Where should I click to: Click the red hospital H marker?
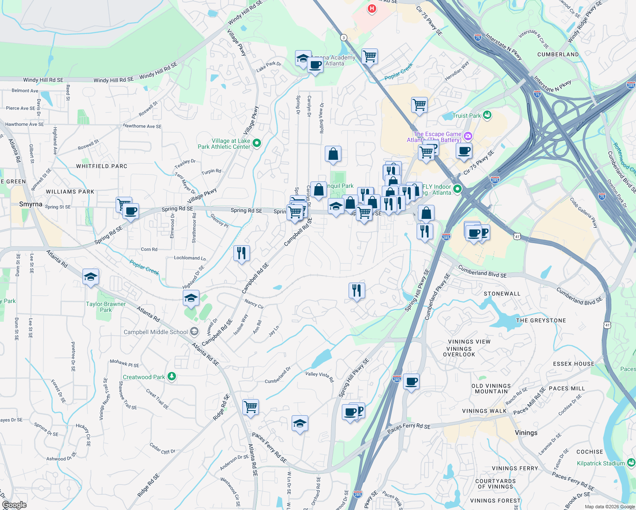coord(372,8)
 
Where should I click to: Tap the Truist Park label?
coord(466,116)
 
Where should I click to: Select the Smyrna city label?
coord(31,204)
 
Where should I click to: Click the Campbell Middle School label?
coord(156,332)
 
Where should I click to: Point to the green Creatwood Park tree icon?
coord(172,376)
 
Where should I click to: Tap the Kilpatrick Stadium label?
coord(600,463)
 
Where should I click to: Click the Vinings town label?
coord(526,433)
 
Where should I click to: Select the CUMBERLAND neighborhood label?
coord(558,54)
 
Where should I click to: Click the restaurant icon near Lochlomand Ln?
coord(241,253)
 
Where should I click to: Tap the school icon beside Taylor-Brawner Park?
coord(91,278)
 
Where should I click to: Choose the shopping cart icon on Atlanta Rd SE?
coord(250,407)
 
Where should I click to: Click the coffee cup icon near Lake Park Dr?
coord(315,65)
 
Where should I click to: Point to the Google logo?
coord(14,504)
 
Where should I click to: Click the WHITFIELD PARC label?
coord(102,166)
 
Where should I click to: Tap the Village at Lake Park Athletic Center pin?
coord(257,143)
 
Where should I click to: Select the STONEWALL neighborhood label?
coord(502,294)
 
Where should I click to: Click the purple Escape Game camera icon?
coord(468,136)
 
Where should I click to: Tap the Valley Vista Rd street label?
coord(319,377)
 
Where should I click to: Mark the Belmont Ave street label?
coord(25,91)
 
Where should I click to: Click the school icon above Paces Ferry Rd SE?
coord(300,423)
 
